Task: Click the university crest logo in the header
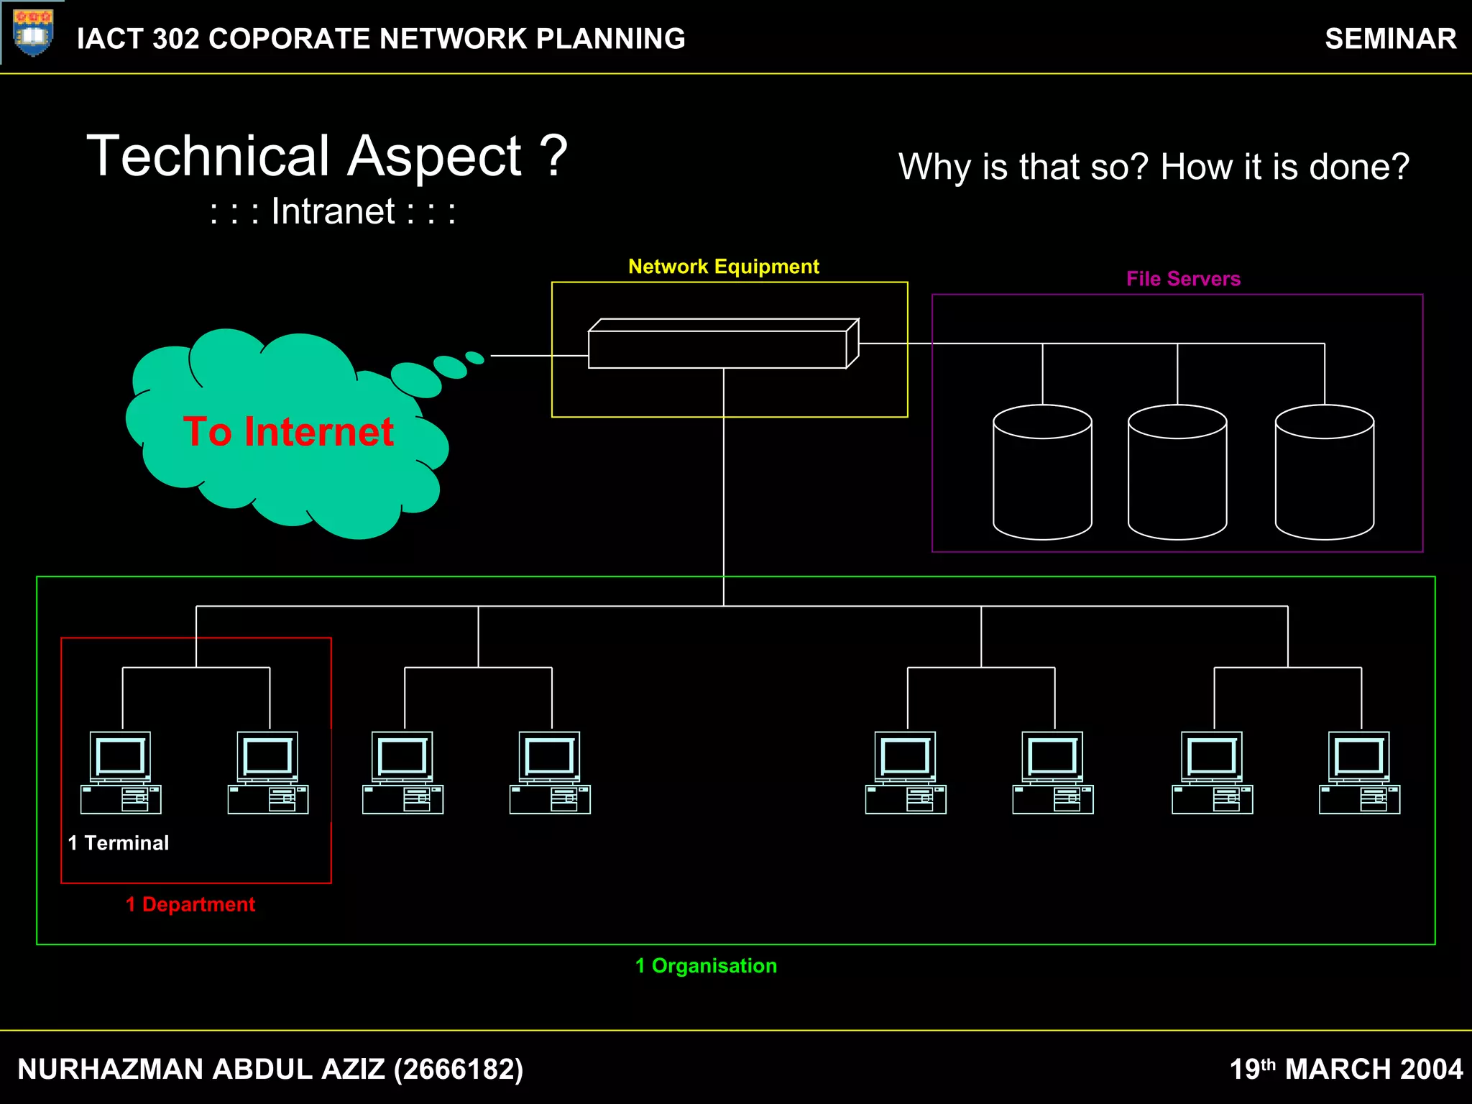click(33, 33)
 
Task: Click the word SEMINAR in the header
click(1390, 39)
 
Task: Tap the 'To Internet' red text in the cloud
click(288, 432)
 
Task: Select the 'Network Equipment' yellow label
click(723, 267)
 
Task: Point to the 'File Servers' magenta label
click(1183, 279)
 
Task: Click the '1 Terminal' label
click(119, 843)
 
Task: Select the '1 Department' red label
click(190, 904)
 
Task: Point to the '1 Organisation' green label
click(706, 966)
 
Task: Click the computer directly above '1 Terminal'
click(121, 773)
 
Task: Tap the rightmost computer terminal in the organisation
click(1359, 773)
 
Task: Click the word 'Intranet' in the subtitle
click(333, 212)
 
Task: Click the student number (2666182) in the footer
click(458, 1069)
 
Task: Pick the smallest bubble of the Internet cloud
click(474, 357)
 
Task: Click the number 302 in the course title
click(175, 39)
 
